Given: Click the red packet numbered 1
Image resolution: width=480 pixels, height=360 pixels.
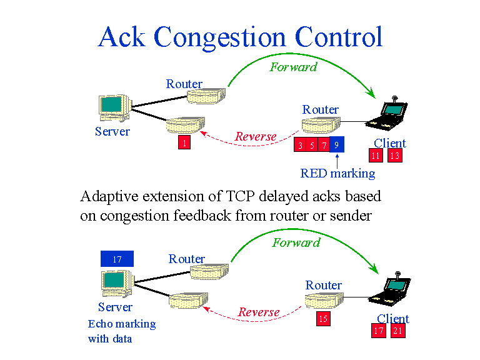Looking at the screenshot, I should point(184,143).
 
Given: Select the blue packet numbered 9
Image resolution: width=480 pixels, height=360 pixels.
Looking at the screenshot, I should point(337,145).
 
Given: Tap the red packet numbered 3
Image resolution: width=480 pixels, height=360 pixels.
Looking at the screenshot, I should point(301,145).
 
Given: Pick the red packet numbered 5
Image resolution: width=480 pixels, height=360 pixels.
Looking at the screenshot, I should point(312,145).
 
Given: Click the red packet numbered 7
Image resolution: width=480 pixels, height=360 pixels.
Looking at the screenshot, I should point(323,145).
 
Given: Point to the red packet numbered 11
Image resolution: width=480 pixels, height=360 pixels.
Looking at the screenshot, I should point(376,156).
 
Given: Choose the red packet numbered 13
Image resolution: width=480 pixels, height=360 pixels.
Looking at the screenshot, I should point(394,156).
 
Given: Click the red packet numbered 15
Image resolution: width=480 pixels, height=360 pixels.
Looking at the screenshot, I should point(323,319).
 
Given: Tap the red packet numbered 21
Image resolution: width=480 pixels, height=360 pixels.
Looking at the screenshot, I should point(398,331).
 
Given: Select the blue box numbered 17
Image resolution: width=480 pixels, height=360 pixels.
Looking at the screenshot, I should point(117,259).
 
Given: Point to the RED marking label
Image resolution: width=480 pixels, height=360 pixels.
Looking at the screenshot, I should point(337,173).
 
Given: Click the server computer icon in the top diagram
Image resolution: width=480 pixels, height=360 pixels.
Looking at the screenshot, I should point(114,108).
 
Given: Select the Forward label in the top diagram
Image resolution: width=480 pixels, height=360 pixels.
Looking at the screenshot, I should point(293,67).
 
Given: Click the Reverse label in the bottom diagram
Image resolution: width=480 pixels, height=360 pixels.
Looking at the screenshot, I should point(259,312).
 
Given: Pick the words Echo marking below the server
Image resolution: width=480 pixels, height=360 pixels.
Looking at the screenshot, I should point(122,324).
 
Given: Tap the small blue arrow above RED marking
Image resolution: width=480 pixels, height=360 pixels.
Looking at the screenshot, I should point(337,159).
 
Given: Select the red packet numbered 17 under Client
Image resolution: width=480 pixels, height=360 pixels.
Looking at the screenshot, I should point(379,331).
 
